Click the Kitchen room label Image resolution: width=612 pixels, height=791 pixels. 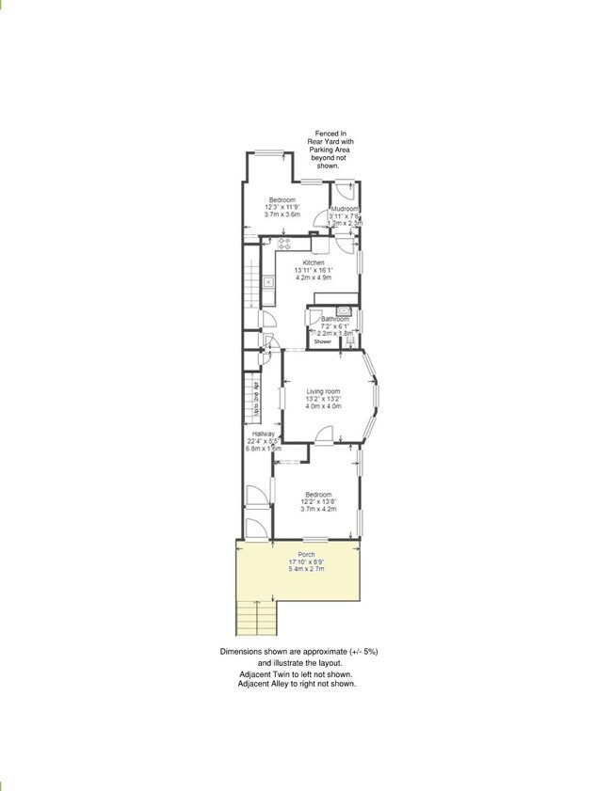314,262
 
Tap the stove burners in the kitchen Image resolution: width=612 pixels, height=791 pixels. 282,246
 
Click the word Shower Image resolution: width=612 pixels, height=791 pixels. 323,341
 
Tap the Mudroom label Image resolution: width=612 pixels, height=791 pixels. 345,209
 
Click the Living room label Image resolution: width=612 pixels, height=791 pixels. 323,391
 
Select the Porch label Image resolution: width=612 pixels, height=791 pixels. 307,555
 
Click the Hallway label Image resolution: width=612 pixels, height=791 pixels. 263,434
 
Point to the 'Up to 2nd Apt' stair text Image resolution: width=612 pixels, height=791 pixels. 257,400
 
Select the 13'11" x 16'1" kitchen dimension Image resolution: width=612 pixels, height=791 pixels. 314,271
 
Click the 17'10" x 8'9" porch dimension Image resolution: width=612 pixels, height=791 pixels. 307,562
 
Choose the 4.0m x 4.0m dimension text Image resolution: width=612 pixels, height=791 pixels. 323,406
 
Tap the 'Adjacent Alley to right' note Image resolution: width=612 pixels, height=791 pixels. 298,684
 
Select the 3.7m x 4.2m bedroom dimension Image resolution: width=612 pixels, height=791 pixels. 319,509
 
